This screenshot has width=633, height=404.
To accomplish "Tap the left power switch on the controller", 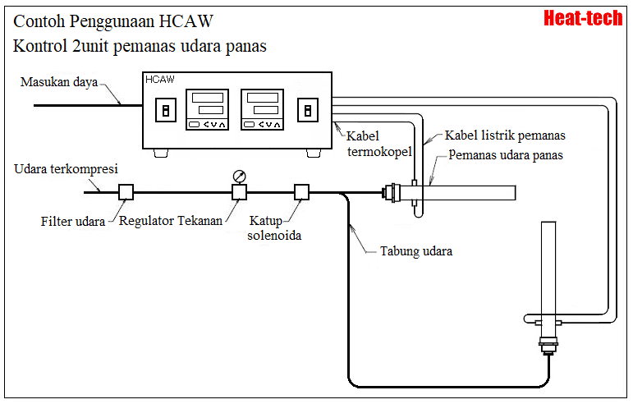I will pos(166,111).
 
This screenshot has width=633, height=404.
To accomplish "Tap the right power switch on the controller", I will pos(309,111).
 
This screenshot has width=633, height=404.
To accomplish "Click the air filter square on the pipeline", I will pos(126,192).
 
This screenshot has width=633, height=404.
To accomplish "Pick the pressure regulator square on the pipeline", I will pos(239,192).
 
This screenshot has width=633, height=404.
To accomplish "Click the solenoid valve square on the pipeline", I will pos(301,192).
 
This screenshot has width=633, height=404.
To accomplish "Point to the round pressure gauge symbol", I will pos(239,176).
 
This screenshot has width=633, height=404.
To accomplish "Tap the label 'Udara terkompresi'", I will pos(67,169).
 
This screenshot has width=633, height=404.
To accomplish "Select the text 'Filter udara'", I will pos(73,222).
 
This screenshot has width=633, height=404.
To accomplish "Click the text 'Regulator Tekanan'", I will pos(171,222).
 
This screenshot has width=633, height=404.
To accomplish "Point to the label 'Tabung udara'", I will pos(415,251).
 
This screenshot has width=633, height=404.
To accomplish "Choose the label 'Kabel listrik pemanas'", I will pos(505,135).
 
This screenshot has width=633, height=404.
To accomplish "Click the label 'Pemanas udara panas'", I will pos(506,155).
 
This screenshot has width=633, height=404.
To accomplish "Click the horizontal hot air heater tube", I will pos(468,193).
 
